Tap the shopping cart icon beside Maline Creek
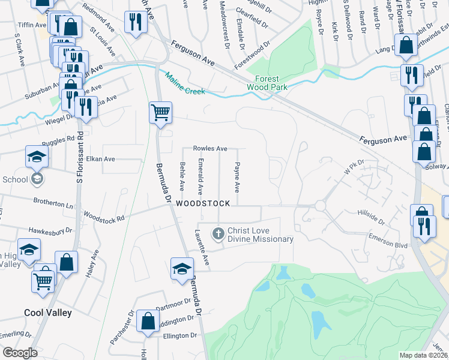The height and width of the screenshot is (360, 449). (x=160, y=112)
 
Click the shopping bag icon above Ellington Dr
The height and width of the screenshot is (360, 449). (x=148, y=321)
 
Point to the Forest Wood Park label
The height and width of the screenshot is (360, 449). (x=267, y=83)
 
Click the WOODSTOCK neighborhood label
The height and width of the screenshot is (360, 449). (x=203, y=204)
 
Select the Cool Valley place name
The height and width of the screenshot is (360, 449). (x=48, y=313)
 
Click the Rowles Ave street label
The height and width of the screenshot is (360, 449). (x=209, y=148)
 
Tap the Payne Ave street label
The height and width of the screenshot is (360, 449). (x=237, y=177)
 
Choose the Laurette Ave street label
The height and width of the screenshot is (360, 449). (x=200, y=249)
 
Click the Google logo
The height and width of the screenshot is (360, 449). (x=20, y=353)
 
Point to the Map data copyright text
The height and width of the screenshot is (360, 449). (x=423, y=355)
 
